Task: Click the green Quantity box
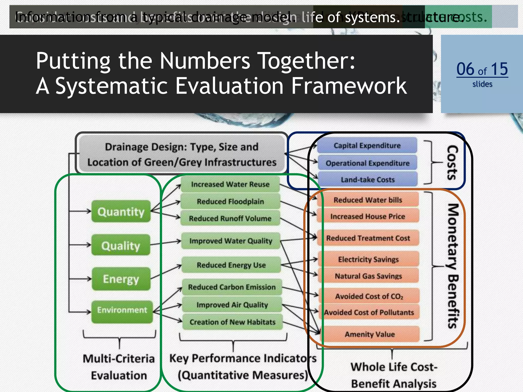pyautogui.click(x=121, y=211)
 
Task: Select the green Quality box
pyautogui.click(x=121, y=245)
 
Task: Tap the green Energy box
pyautogui.click(x=121, y=279)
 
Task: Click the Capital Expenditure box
pyautogui.click(x=367, y=145)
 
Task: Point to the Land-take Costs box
pyautogui.click(x=368, y=179)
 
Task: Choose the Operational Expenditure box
pyautogui.click(x=368, y=163)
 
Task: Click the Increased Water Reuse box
pyautogui.click(x=230, y=184)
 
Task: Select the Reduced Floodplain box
pyautogui.click(x=230, y=201)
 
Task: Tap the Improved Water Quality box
pyautogui.click(x=231, y=241)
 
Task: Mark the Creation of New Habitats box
pyautogui.click(x=232, y=322)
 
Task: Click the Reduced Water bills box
pyautogui.click(x=368, y=200)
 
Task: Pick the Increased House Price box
pyautogui.click(x=368, y=216)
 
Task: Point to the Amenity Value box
pyautogui.click(x=370, y=334)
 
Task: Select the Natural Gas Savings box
pyautogui.click(x=369, y=276)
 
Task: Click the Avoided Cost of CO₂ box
pyautogui.click(x=369, y=296)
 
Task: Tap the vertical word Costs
pyautogui.click(x=452, y=162)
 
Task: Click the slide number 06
pyautogui.click(x=465, y=69)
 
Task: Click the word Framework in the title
pyautogui.click(x=349, y=86)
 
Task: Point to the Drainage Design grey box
pyautogui.click(x=182, y=154)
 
